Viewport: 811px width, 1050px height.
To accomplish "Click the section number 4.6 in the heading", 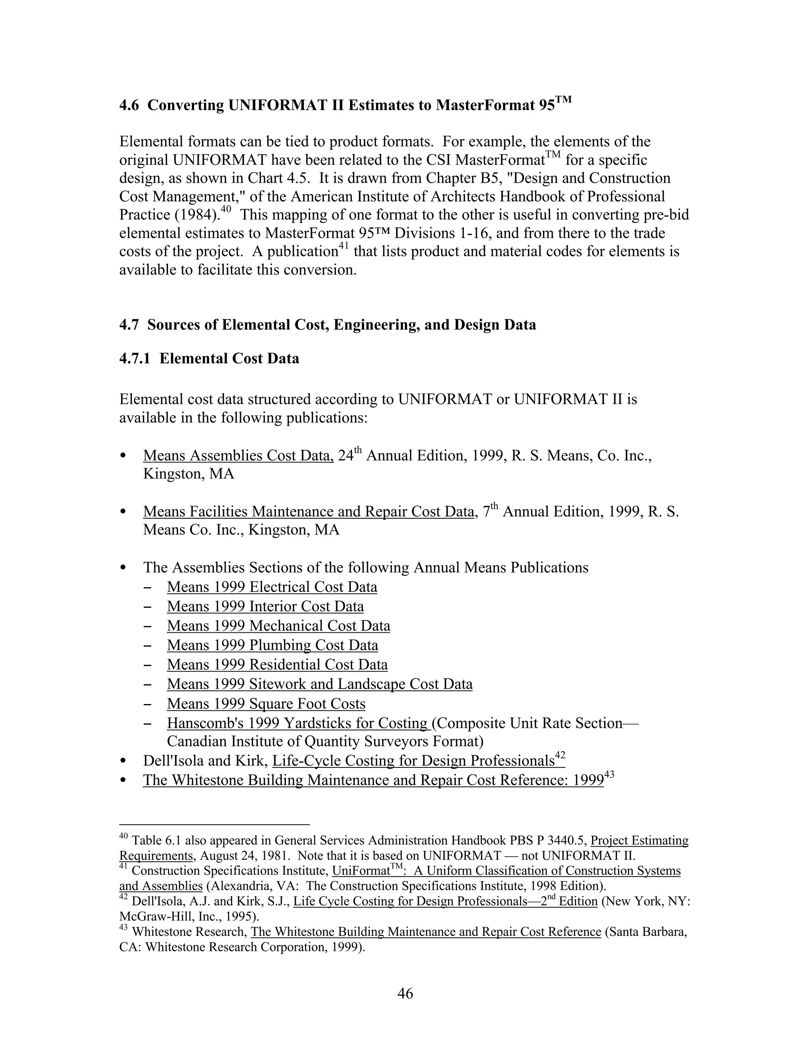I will pyautogui.click(x=129, y=105).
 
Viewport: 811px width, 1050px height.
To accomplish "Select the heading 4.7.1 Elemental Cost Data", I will pyautogui.click(x=209, y=359).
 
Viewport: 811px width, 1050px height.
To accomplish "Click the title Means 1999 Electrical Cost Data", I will pyautogui.click(x=272, y=587).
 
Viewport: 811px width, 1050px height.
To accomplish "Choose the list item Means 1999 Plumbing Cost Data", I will pyautogui.click(x=272, y=645).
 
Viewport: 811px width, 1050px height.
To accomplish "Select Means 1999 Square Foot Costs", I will pyautogui.click(x=266, y=704).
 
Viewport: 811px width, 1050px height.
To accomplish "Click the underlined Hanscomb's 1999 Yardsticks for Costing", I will pyautogui.click(x=297, y=723).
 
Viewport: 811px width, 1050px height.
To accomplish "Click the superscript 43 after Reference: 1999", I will pyautogui.click(x=609, y=775).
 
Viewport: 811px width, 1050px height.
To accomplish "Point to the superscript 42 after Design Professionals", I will pyautogui.click(x=560, y=755).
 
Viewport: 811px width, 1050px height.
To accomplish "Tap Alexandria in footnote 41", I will pyautogui.click(x=242, y=886).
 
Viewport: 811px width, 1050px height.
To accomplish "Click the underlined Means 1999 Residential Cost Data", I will pyautogui.click(x=277, y=665).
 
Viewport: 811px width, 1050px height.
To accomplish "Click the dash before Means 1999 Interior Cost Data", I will pyautogui.click(x=148, y=607).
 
